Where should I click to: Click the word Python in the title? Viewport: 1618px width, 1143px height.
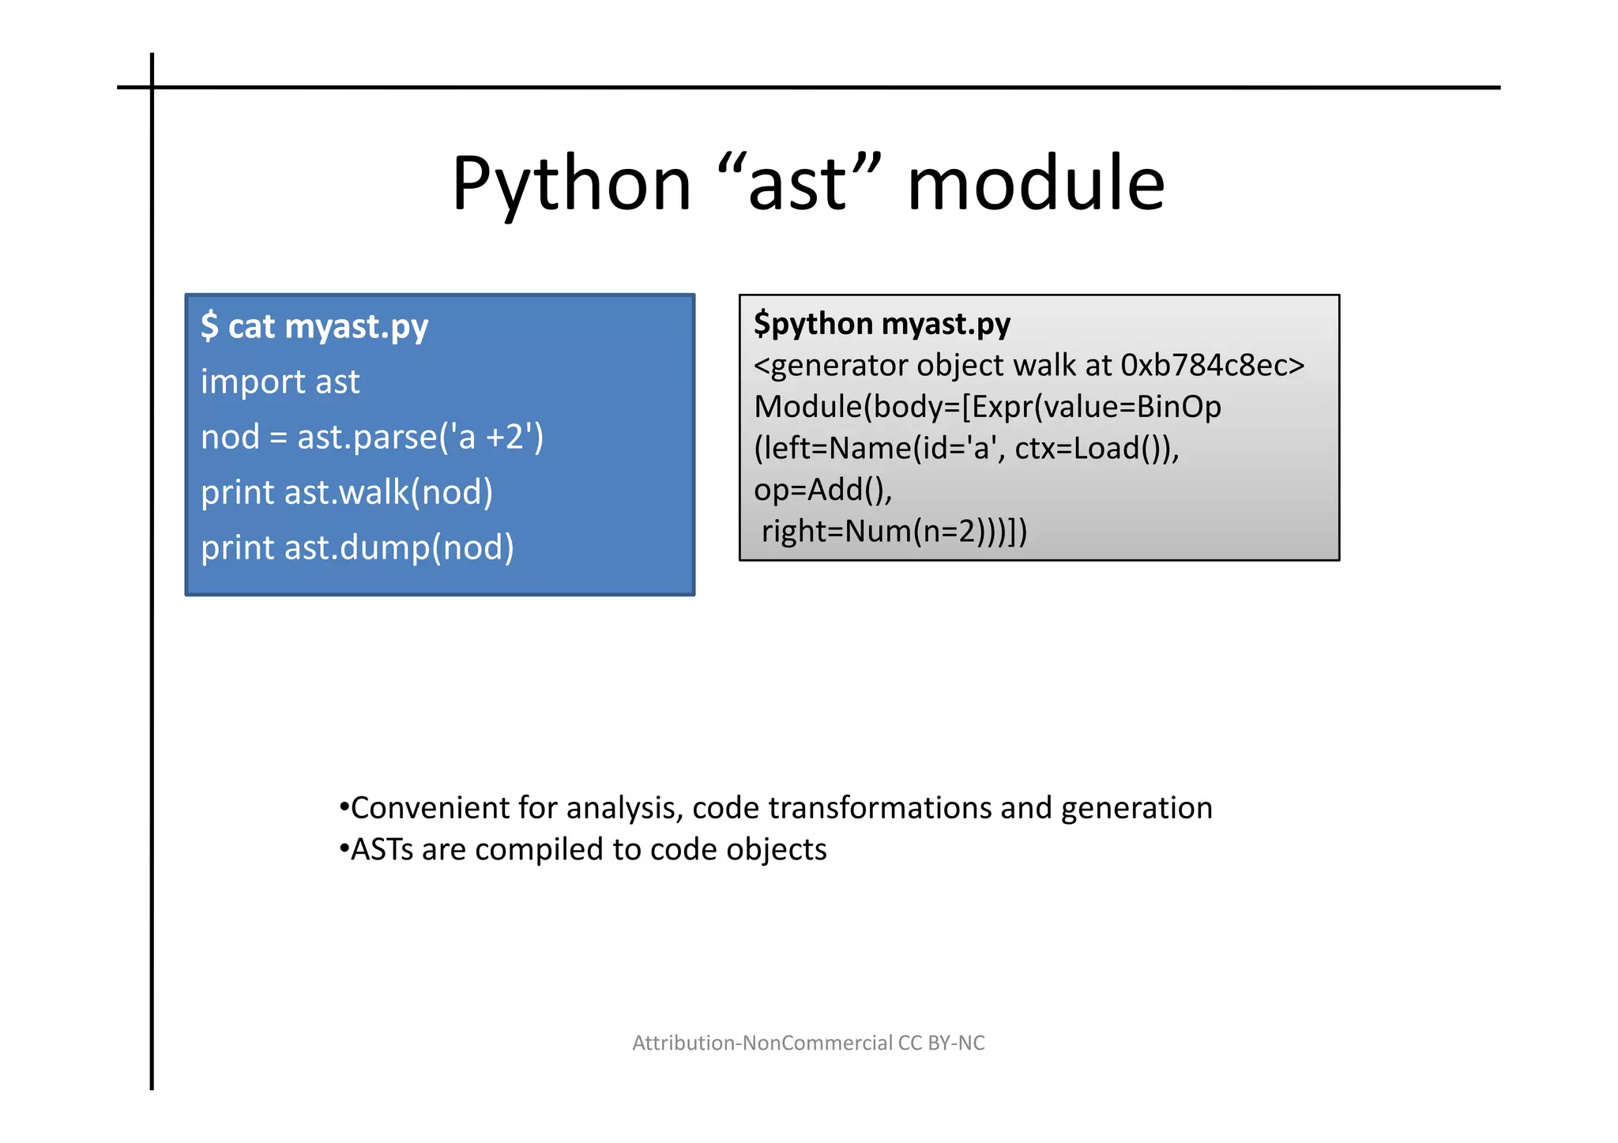[571, 184]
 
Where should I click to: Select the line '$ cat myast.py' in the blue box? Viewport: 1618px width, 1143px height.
[314, 326]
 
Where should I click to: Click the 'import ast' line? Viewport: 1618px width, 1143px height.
[280, 382]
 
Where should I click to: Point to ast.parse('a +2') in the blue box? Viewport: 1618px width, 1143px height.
[420, 437]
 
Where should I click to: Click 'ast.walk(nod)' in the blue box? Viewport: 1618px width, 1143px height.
[389, 492]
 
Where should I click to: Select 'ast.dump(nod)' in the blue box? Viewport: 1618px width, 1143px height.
[399, 547]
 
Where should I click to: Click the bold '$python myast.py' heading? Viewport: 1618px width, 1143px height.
[882, 324]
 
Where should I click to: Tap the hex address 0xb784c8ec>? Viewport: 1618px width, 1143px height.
[1213, 366]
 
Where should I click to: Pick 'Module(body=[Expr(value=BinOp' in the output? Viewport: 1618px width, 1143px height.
[988, 408]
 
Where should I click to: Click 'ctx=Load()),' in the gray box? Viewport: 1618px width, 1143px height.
[1097, 449]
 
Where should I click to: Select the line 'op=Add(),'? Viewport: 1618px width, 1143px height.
[822, 490]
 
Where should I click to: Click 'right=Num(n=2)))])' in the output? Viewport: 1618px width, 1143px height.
[894, 532]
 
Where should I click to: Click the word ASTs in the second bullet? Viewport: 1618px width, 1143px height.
[382, 850]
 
